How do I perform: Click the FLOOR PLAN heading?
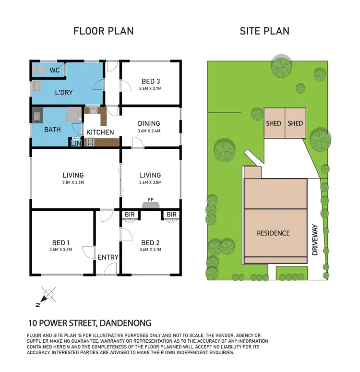coord(103,31)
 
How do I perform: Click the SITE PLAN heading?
coord(264,31)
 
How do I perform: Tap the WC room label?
coord(54,70)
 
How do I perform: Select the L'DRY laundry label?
coord(63,92)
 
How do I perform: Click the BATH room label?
coord(52,130)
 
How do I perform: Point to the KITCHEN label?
coord(100,132)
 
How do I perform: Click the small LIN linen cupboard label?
coord(76,143)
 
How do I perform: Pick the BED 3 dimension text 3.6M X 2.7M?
coord(150,89)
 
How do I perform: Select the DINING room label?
coord(148,123)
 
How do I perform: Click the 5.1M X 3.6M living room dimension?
coord(73,182)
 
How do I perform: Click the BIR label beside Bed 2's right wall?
coord(171,214)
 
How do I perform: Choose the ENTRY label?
coord(108,257)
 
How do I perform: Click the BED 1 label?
coord(60,242)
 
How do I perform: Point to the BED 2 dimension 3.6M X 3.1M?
coord(150,250)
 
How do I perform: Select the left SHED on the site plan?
coord(274,123)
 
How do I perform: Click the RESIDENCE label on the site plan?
coord(273,233)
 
